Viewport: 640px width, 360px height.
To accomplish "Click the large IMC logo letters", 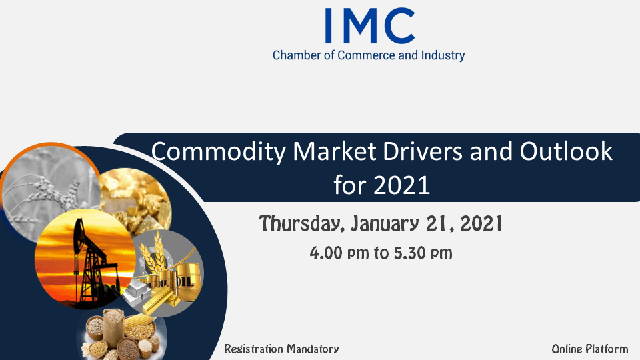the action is pos(370,26).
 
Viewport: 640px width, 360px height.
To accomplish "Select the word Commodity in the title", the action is pos(219,152).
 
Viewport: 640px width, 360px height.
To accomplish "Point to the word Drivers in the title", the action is pos(423,151).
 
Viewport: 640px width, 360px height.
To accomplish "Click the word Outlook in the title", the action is pos(566,151).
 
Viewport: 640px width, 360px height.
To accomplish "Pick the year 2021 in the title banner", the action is pos(401,185).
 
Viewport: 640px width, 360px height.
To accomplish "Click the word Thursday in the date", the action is pos(305,224).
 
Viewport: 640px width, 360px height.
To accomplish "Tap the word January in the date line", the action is pos(385,224).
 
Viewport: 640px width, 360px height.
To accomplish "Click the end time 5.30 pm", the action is pos(423,253).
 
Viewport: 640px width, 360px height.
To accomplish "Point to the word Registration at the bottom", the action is pos(253,349).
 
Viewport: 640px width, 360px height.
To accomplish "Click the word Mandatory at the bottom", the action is pos(313,349).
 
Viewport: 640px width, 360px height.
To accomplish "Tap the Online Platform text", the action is pos(590,349).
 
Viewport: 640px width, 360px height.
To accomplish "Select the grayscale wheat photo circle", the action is pos(48,192).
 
